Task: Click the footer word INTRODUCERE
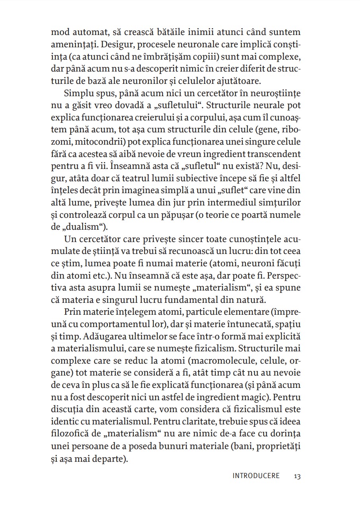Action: tap(256, 476)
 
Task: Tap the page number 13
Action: tap(298, 476)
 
